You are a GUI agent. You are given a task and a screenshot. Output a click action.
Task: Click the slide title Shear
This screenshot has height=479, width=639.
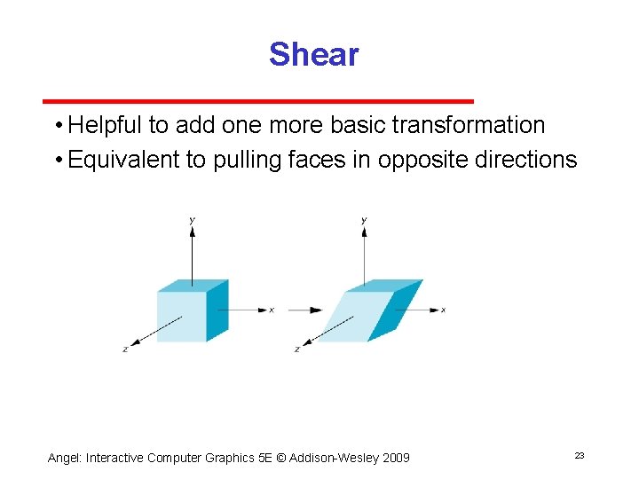(x=313, y=55)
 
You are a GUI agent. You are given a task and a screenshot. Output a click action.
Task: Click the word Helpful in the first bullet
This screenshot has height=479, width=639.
(x=105, y=125)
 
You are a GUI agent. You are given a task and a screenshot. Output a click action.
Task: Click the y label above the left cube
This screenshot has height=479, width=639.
(x=193, y=219)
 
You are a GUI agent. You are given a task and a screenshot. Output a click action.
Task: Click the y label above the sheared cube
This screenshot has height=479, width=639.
(x=364, y=219)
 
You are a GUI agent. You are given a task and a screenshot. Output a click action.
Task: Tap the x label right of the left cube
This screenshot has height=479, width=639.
(x=272, y=310)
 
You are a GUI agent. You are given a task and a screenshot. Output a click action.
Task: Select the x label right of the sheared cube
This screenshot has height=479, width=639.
(x=443, y=310)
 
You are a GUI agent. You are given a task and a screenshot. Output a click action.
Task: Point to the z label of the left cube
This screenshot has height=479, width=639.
(x=125, y=349)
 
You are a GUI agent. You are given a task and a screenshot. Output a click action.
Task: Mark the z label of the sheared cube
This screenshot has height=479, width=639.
(x=296, y=349)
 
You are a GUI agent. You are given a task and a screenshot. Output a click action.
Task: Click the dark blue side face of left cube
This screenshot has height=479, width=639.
(x=217, y=310)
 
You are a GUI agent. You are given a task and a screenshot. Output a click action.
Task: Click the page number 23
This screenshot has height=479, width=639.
(x=579, y=455)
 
